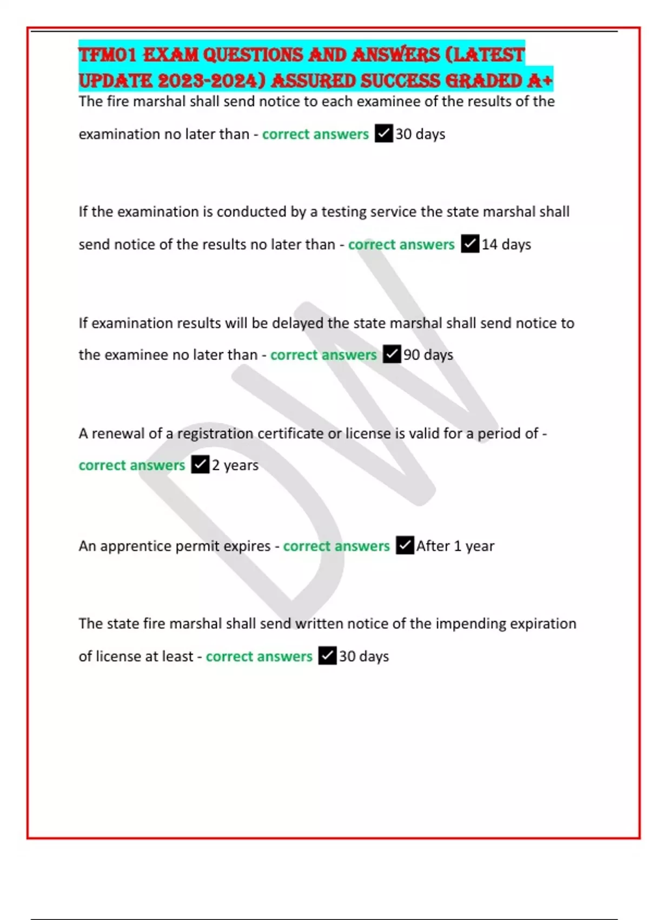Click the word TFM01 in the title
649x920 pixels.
(x=108, y=55)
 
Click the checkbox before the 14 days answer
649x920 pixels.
(x=470, y=244)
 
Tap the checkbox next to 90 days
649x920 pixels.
(x=392, y=354)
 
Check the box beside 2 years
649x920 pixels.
(x=200, y=465)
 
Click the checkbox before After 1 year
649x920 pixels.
(x=405, y=546)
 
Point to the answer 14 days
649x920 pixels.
(x=506, y=245)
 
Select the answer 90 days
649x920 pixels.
(x=428, y=355)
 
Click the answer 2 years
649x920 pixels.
(x=235, y=465)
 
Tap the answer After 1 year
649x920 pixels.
(x=455, y=546)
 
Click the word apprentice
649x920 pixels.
(x=135, y=546)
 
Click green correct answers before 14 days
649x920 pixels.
(x=401, y=245)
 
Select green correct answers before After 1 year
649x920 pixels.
(x=336, y=546)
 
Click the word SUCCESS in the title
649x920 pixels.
(x=400, y=81)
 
